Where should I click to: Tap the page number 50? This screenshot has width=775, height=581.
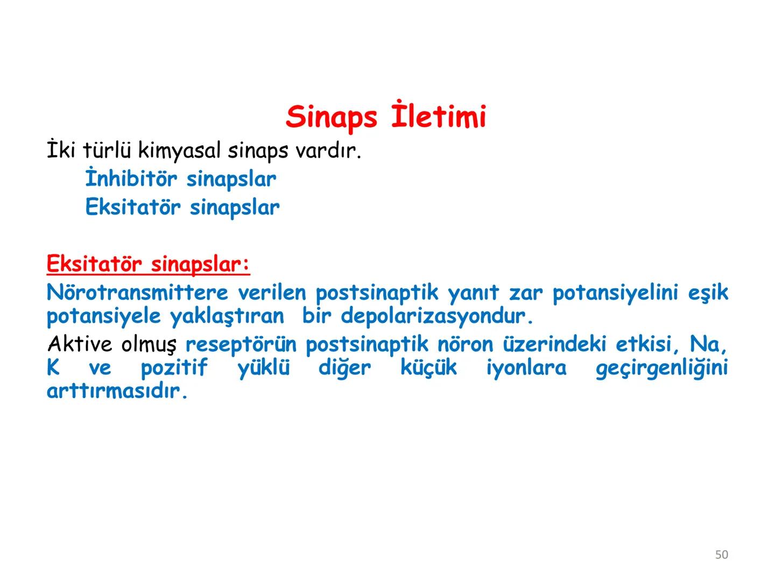[721, 555]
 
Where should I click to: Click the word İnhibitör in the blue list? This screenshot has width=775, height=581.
[131, 179]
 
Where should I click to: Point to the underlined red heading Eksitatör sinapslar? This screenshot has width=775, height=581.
[148, 265]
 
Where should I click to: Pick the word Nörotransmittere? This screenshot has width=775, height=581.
[138, 293]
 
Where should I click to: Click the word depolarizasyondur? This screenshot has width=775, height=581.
[436, 316]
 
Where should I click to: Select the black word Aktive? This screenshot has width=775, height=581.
[80, 344]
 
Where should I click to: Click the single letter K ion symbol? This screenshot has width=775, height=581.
[53, 369]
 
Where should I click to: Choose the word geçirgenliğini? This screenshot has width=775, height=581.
[661, 369]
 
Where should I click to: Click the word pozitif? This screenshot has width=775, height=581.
[174, 369]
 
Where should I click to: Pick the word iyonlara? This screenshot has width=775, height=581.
[526, 369]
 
